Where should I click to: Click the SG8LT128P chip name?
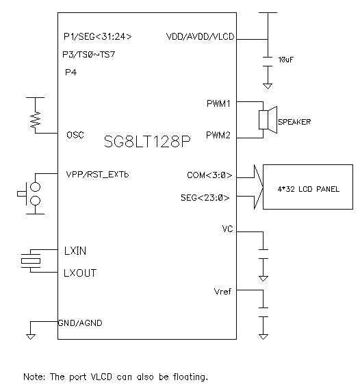147,142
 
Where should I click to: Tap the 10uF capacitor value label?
285,60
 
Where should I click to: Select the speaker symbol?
268,120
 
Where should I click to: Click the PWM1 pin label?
218,103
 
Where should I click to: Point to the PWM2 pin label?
218,135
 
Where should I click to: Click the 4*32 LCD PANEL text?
308,189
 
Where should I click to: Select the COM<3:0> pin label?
209,175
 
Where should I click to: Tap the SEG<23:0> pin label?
205,198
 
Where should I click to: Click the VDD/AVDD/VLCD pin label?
200,37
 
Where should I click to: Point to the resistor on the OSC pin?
35,119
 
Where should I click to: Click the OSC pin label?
75,135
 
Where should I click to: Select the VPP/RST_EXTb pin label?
97,175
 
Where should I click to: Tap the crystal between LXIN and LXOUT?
31,261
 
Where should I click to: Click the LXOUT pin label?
80,273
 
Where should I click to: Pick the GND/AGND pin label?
80,323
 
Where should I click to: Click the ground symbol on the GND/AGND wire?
31,337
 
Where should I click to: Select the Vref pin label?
222,292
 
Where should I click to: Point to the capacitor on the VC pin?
263,254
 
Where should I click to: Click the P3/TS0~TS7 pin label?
89,55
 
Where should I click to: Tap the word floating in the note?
190,377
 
